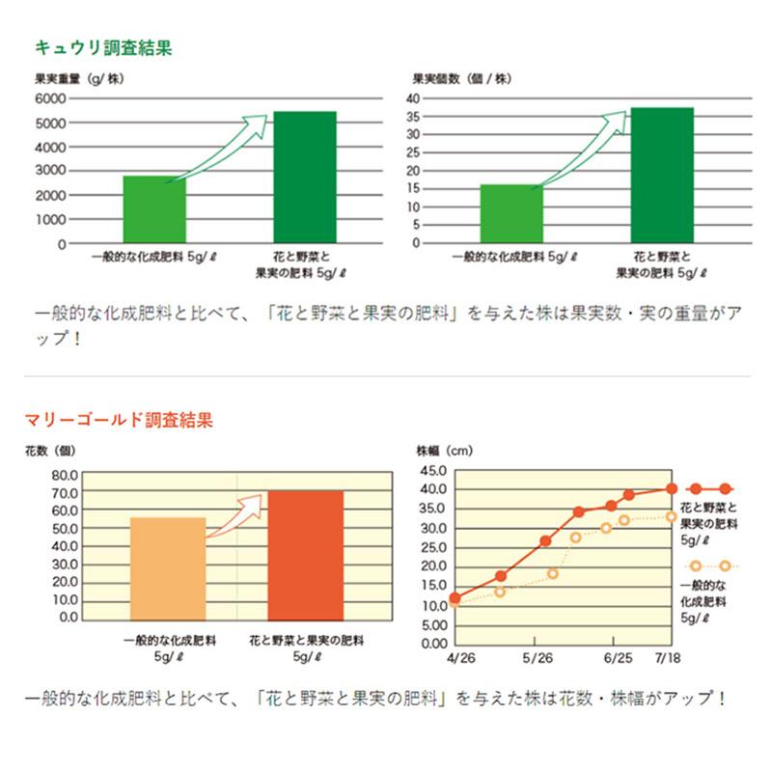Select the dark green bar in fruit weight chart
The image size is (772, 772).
point(305,178)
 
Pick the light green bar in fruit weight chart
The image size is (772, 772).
point(154,209)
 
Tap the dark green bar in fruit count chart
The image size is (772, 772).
point(662,175)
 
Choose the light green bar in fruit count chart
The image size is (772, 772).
point(511,213)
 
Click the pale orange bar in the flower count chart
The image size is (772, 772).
point(168,568)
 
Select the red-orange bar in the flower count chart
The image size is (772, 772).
point(305,555)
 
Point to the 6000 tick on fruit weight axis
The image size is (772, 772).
point(50,98)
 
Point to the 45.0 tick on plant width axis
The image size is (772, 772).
point(433,470)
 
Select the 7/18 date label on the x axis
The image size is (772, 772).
point(667,658)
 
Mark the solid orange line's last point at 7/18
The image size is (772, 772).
point(672,488)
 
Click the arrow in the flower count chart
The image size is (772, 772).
point(238,512)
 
